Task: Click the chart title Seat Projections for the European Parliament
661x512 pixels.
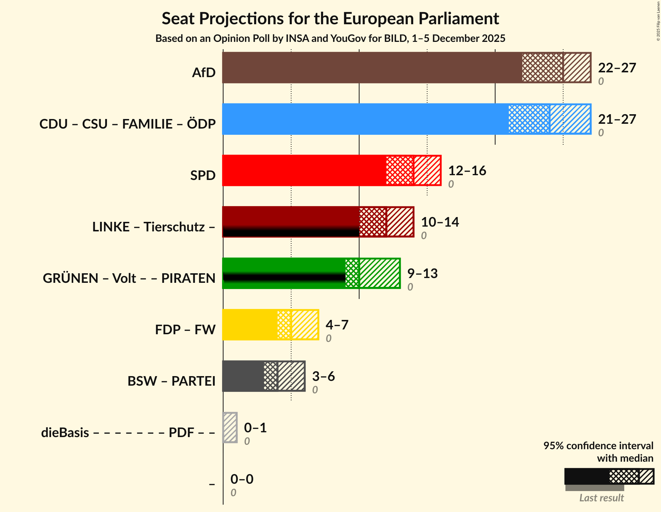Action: click(330, 18)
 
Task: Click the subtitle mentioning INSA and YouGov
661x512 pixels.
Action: click(330, 39)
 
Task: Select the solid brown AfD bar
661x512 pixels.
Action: click(371, 68)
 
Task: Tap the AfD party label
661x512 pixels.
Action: click(204, 73)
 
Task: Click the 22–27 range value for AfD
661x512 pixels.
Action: click(617, 68)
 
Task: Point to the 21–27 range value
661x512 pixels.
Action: click(617, 119)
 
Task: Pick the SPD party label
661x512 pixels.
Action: click(203, 176)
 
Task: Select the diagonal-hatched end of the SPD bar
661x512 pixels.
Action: click(427, 170)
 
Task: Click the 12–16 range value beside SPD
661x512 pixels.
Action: click(467, 171)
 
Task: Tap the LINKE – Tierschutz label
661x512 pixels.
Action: click(154, 227)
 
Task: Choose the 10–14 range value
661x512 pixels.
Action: click(440, 222)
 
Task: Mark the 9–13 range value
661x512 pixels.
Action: click(422, 274)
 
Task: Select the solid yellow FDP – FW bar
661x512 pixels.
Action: click(249, 325)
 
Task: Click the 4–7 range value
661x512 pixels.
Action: click(337, 325)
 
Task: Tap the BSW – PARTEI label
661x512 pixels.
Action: click(171, 381)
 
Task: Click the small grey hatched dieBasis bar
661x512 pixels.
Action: click(230, 428)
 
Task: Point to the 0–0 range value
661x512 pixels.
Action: click(242, 479)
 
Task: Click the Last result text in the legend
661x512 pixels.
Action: click(601, 498)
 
